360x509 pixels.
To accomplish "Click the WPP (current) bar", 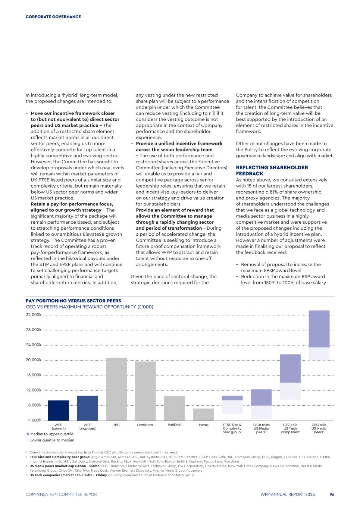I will (x=59, y=410).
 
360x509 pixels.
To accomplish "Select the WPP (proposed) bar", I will (x=87, y=408).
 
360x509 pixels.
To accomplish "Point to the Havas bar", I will (x=203, y=414).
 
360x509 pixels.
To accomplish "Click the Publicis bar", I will (x=174, y=408).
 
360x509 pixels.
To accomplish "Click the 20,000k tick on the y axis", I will (x=34, y=360).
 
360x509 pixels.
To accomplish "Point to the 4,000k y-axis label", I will (x=35, y=420).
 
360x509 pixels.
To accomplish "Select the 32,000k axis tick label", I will (x=34, y=315).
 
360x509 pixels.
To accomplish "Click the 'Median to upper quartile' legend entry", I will (x=50, y=434).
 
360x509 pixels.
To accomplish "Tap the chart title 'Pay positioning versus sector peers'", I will (x=73, y=301).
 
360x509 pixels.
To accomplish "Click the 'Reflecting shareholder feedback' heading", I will (x=272, y=170).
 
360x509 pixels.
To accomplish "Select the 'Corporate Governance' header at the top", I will (x=53, y=17).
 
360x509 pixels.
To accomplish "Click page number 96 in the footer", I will (x=332, y=494).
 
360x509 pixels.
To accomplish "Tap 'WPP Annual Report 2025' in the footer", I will (x=288, y=494).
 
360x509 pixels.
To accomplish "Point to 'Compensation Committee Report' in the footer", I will (x=62, y=494).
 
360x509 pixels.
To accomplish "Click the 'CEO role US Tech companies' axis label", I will (x=290, y=428).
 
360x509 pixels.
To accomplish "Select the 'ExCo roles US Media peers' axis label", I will (x=261, y=428).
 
